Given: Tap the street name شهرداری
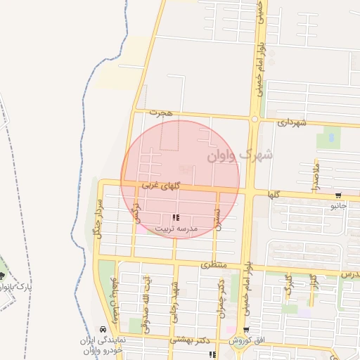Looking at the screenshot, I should click(292, 122).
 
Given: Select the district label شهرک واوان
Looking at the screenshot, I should click(240, 155).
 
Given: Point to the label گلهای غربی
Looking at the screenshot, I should click(161, 186).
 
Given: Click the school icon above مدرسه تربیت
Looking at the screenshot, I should click(176, 219).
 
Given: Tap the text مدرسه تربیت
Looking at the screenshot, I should click(176, 229).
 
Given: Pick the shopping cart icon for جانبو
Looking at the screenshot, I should click(339, 196).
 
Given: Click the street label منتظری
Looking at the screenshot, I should click(215, 265).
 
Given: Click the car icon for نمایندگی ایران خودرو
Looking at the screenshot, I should click(103, 329).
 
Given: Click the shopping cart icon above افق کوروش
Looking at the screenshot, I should click(245, 330).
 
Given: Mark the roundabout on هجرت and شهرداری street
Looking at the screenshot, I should click(253, 119).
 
